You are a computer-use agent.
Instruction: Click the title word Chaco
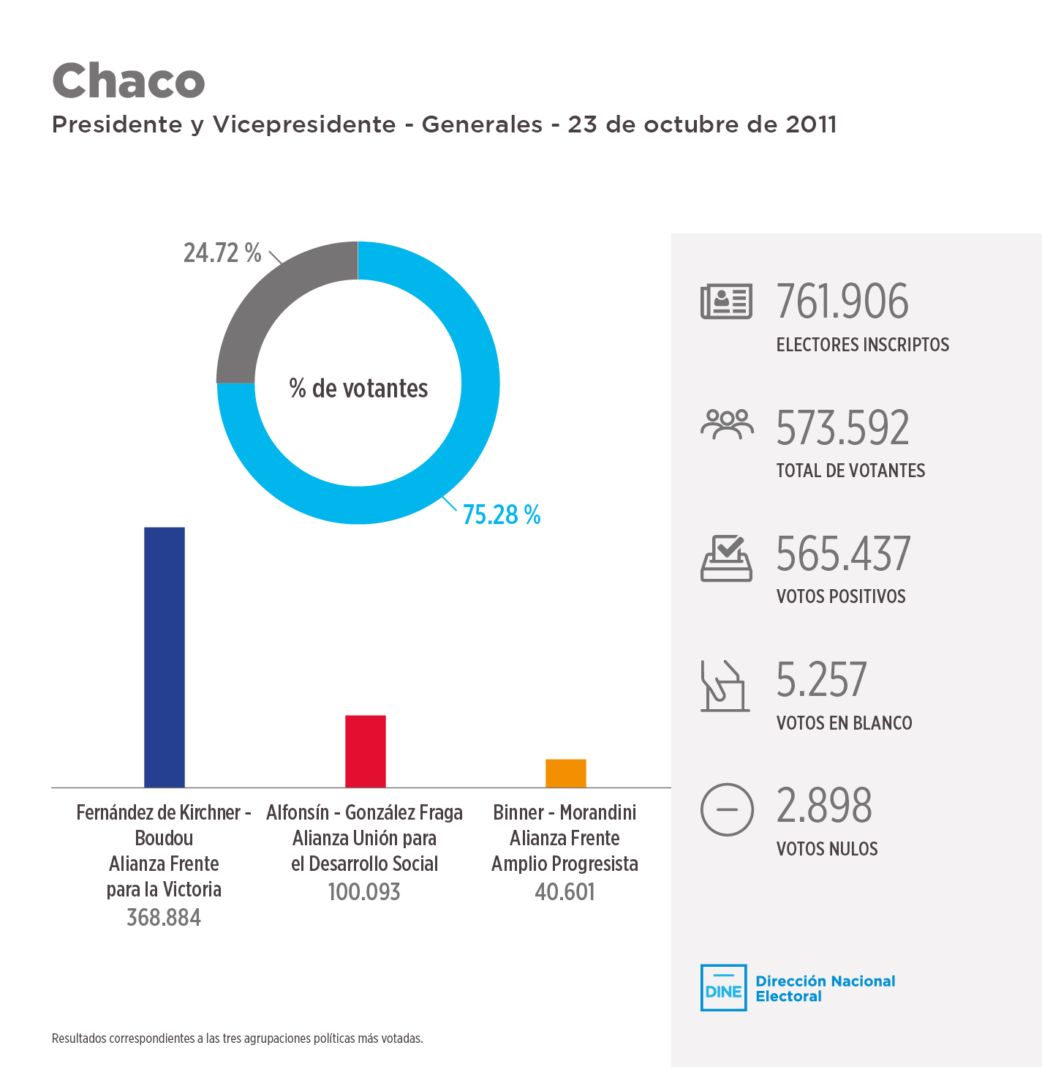point(129,81)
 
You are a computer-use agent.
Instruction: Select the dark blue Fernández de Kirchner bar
point(165,656)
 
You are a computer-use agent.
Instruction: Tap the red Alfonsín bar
point(365,751)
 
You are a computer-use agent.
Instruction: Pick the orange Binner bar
point(565,773)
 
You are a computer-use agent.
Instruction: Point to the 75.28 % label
point(502,515)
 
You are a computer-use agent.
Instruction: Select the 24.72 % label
point(222,253)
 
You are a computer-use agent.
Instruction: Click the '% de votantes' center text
point(358,389)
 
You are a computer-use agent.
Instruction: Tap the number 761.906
point(842,302)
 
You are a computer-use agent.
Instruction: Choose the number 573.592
point(842,428)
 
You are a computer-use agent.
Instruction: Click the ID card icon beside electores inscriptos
point(726,302)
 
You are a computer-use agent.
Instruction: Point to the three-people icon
point(726,424)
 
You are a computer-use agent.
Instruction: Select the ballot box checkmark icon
point(726,558)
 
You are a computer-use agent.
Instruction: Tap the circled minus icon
point(726,809)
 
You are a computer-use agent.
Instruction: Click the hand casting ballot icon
point(725,686)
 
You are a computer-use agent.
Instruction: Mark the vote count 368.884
point(164,918)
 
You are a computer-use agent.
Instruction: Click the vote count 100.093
point(364,892)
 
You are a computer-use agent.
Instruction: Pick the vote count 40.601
point(565,892)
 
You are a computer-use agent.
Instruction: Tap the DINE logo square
point(723,988)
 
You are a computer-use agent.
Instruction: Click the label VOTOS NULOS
point(827,849)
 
